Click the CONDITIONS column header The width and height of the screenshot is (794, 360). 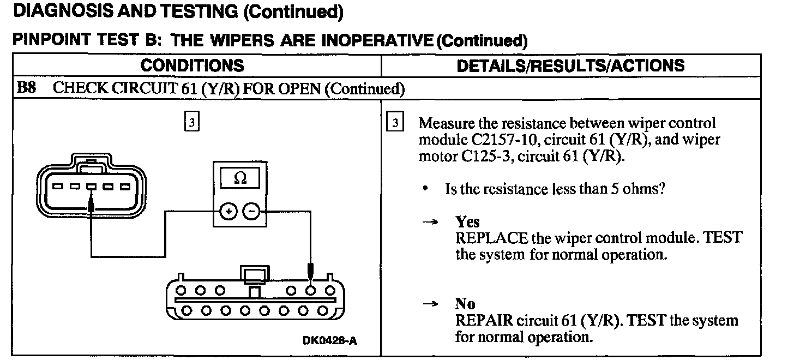click(x=192, y=65)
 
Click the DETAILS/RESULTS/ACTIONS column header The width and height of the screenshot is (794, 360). click(x=570, y=65)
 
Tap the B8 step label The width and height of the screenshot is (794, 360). click(x=27, y=88)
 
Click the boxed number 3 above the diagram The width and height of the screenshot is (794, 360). click(x=191, y=123)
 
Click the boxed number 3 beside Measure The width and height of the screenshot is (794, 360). click(x=395, y=123)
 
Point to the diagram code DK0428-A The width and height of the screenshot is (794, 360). click(x=330, y=341)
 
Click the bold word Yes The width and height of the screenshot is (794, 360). click(x=467, y=222)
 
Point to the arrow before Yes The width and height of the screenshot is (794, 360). click(x=431, y=223)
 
